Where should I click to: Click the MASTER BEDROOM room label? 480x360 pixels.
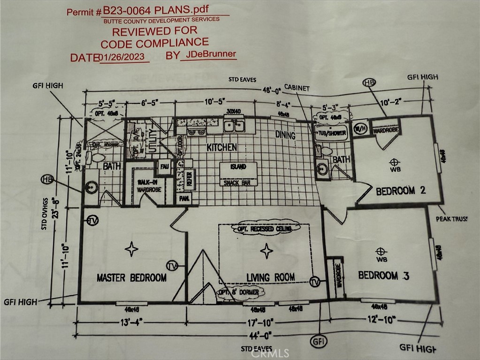pyautogui.click(x=131, y=278)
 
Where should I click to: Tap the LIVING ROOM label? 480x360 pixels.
pyautogui.click(x=271, y=277)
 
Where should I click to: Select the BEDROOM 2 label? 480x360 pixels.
pyautogui.click(x=401, y=191)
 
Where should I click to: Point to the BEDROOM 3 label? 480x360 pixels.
pyautogui.click(x=383, y=276)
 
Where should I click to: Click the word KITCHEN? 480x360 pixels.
pyautogui.click(x=222, y=147)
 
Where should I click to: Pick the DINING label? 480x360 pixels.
pyautogui.click(x=285, y=136)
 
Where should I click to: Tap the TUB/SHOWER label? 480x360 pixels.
pyautogui.click(x=333, y=133)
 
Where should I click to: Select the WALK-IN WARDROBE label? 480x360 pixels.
pyautogui.click(x=149, y=186)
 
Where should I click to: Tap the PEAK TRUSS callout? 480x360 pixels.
pyautogui.click(x=451, y=219)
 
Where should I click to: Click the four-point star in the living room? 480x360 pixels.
pyautogui.click(x=267, y=251)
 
